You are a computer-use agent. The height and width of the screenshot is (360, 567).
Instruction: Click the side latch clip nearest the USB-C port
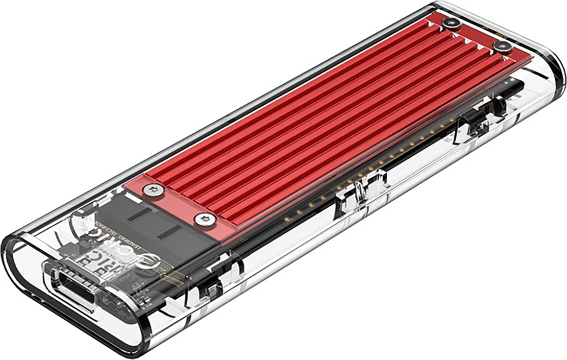pos(208,289)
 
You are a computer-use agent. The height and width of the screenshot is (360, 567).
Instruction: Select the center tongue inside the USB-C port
pos(74,289)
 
